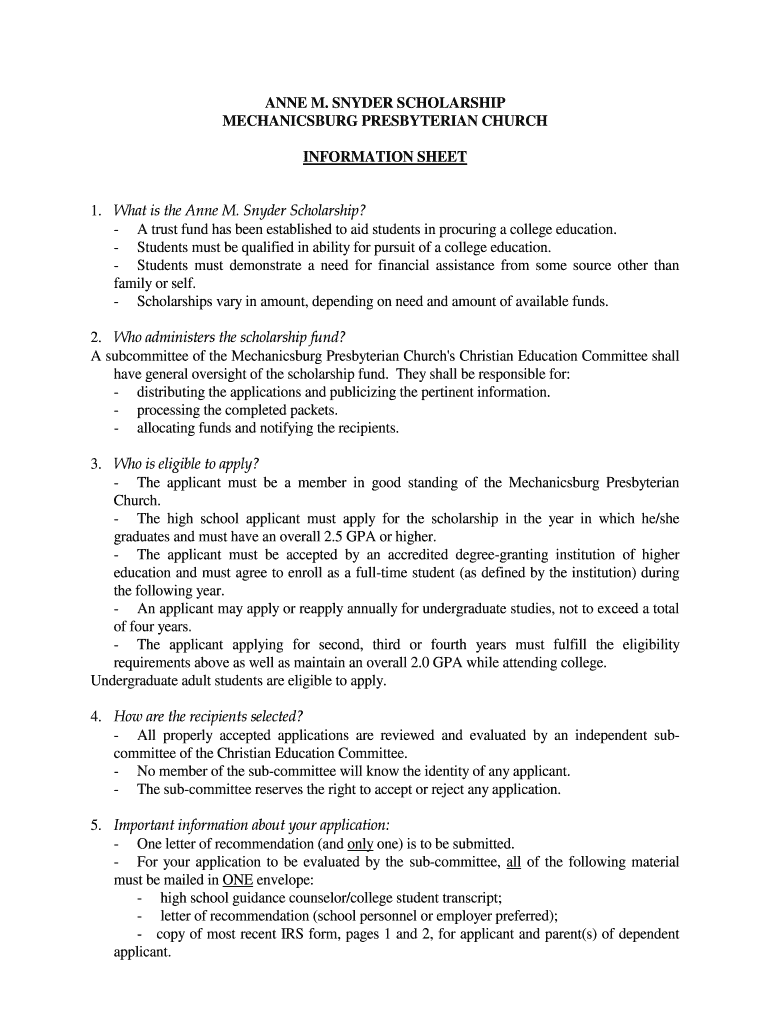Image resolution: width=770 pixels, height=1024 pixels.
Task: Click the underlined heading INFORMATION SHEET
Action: pyautogui.click(x=385, y=157)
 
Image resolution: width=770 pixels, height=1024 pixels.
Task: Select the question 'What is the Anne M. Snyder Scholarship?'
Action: pyautogui.click(x=240, y=210)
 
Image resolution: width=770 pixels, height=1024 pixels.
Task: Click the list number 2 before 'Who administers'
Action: pyautogui.click(x=96, y=336)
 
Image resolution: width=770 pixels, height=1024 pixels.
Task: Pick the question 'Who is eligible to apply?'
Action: pyautogui.click(x=187, y=463)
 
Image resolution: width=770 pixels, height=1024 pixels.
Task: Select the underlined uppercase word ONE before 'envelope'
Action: pyautogui.click(x=237, y=880)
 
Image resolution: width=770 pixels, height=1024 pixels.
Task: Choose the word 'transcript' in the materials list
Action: pyautogui.click(x=469, y=897)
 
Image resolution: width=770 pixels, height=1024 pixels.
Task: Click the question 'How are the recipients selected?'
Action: pyautogui.click(x=209, y=716)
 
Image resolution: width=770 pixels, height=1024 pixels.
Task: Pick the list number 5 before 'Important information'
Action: pyautogui.click(x=96, y=825)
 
